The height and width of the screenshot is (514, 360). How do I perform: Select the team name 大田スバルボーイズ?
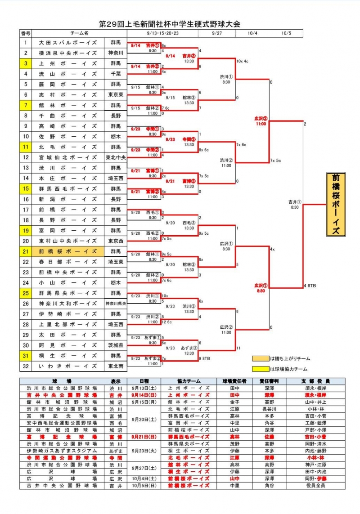[67, 43]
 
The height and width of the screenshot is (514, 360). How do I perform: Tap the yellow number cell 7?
[26, 105]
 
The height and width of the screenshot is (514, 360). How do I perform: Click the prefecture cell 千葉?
[116, 74]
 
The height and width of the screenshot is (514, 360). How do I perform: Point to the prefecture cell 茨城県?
[116, 345]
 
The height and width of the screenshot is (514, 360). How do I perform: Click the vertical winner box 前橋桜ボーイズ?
[335, 204]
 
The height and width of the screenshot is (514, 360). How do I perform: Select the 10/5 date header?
[287, 33]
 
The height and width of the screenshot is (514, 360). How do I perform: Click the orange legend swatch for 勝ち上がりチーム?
[260, 358]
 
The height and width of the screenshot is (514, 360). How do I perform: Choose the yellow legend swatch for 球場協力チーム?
[260, 369]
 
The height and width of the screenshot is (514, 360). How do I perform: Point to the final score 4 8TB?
[310, 286]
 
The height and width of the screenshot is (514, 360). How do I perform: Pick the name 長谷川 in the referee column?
[269, 409]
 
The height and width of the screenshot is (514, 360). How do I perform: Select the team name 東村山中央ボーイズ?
[67, 241]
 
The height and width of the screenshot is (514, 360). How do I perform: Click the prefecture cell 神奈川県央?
[116, 304]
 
